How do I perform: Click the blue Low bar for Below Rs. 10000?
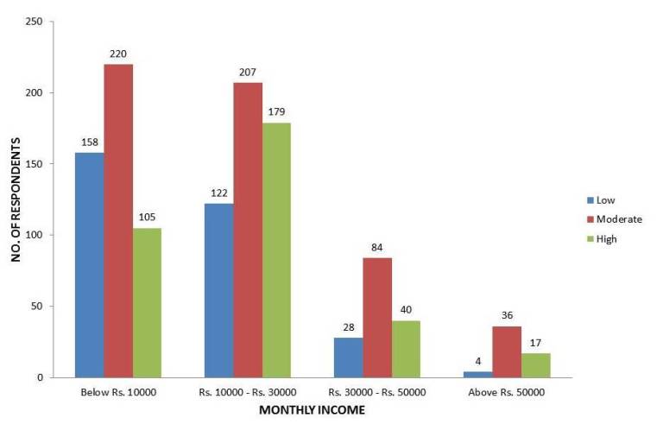(89, 265)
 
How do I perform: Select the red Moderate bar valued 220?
(118, 221)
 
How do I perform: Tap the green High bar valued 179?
(276, 250)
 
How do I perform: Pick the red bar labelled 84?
(377, 318)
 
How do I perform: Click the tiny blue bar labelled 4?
(477, 375)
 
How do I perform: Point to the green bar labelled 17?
(535, 365)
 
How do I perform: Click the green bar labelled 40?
(406, 349)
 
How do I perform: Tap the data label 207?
(248, 72)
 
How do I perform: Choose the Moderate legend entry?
(619, 219)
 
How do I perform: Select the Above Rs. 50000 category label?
(507, 393)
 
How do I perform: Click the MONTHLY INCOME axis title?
(313, 410)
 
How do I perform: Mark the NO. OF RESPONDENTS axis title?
(15, 200)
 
